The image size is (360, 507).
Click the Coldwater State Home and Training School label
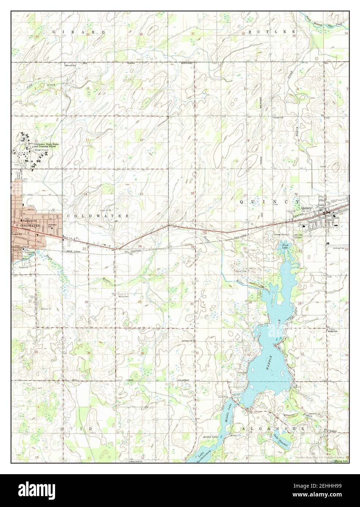[47, 145]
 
